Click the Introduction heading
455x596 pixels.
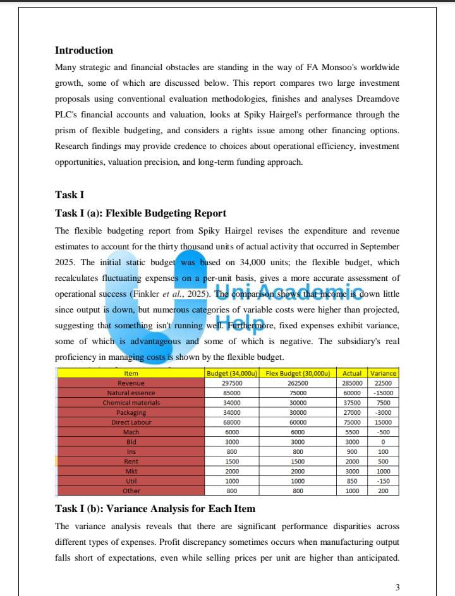(x=84, y=51)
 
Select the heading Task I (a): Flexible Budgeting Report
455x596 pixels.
(x=140, y=213)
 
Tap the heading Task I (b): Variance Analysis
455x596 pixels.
(x=155, y=508)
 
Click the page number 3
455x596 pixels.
(x=397, y=588)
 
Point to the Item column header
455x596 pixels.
(x=131, y=374)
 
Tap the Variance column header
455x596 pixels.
(x=383, y=374)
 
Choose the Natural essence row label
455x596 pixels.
(x=131, y=393)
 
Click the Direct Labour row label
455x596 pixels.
(x=131, y=422)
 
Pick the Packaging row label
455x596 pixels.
(x=131, y=412)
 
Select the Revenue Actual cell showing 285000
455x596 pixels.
(x=352, y=383)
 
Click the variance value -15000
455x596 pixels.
(x=383, y=393)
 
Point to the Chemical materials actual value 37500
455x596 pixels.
(x=352, y=403)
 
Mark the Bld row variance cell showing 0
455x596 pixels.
(x=383, y=442)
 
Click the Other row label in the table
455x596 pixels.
(x=131, y=491)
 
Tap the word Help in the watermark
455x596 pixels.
(x=242, y=323)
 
